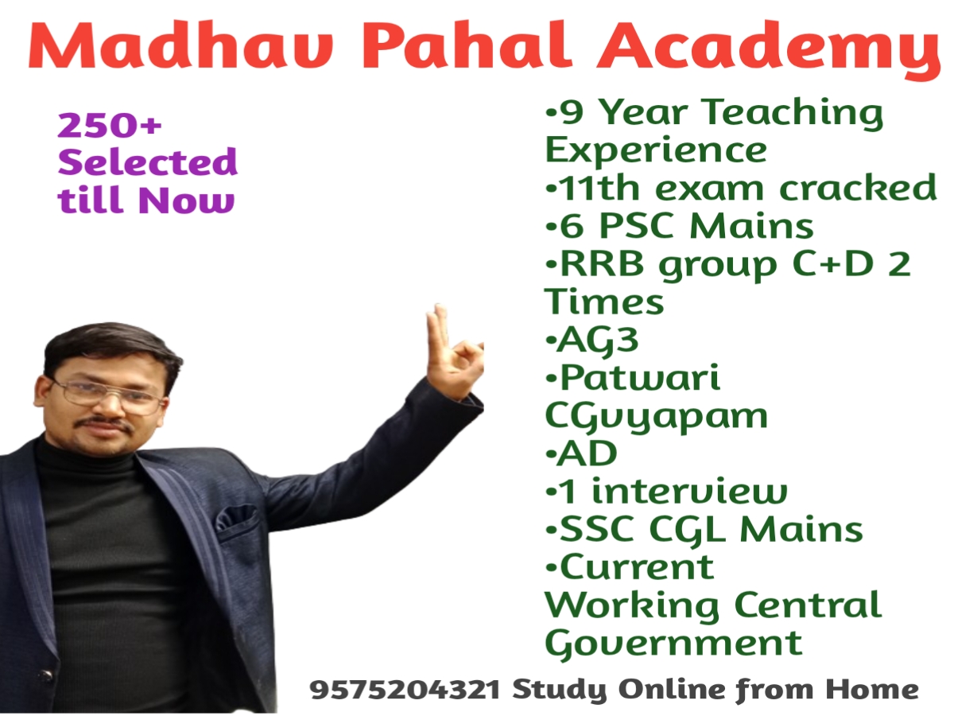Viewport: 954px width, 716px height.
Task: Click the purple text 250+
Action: coord(110,125)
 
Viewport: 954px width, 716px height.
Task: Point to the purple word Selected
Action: coord(148,161)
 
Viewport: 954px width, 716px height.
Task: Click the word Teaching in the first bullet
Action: coord(793,114)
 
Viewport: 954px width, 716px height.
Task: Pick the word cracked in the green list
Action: coord(858,188)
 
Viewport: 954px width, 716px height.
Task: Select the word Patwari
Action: coord(640,378)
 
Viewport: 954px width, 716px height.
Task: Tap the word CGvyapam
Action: coord(657,418)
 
